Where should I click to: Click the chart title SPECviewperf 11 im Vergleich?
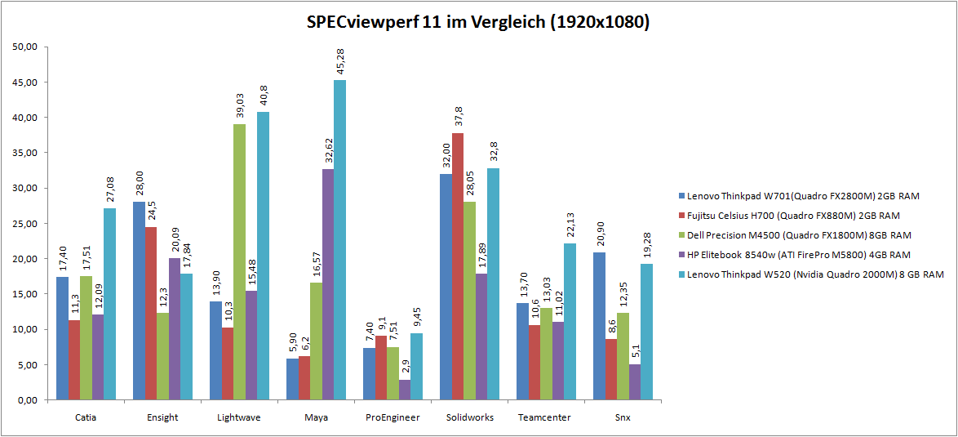coord(478,22)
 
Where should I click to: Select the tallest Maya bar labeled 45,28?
coord(339,240)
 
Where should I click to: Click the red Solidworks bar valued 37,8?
coord(458,266)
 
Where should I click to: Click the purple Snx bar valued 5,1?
coord(635,382)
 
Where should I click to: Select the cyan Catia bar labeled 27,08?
coord(109,304)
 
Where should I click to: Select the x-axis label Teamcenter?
coord(544,417)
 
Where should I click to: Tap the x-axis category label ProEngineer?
coord(393,417)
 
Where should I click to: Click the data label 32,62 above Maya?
coord(328,151)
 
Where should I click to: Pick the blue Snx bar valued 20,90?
coord(600,326)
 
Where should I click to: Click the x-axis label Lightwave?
coord(233,417)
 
